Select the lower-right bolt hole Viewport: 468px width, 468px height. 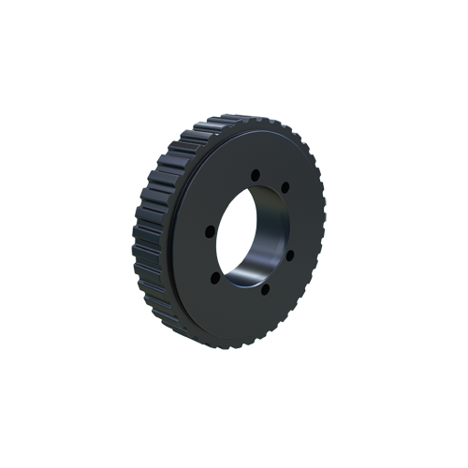click(x=289, y=255)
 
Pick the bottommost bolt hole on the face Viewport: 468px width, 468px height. click(x=264, y=288)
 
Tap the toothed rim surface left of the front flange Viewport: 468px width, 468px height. click(x=154, y=234)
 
